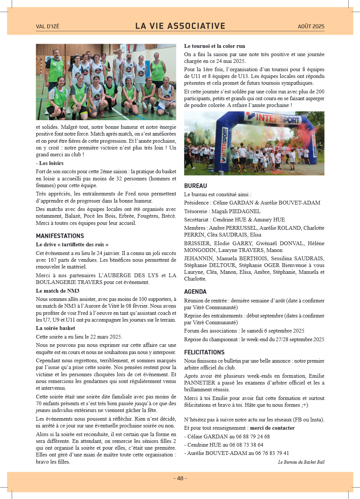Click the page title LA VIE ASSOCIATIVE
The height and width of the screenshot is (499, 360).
click(x=180, y=26)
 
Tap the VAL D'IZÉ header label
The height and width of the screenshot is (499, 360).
click(x=47, y=26)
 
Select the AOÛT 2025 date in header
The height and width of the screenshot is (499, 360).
click(x=311, y=26)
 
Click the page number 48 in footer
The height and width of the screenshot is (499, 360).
click(x=180, y=478)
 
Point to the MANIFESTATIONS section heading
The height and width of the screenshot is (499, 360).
click(x=60, y=236)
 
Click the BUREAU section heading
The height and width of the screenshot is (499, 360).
click(x=196, y=186)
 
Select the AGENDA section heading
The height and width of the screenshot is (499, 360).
click(x=195, y=291)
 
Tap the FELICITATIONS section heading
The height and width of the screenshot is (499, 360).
click(x=204, y=352)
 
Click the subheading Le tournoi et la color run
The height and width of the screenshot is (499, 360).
click(x=214, y=46)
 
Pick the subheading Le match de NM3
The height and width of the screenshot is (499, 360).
click(x=58, y=291)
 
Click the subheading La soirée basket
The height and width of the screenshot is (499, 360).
click(x=55, y=328)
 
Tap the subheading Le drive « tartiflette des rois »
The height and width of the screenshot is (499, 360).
click(x=72, y=244)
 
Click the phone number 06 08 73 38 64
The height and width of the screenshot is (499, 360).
click(x=246, y=445)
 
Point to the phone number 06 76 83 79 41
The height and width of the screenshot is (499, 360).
click(x=272, y=453)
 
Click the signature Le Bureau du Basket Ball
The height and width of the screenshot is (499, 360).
click(x=301, y=462)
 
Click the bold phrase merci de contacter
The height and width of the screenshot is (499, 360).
click(x=272, y=428)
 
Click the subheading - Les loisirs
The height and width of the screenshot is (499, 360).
click(x=50, y=163)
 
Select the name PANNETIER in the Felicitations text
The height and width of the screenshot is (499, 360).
click(x=200, y=383)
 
